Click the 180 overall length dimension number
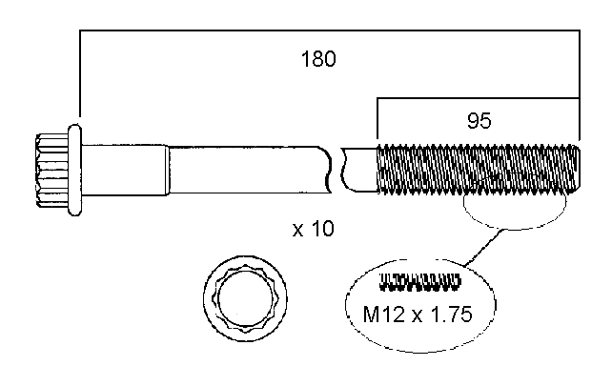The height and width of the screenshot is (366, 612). click(x=318, y=59)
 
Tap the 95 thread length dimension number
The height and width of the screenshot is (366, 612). click(x=479, y=120)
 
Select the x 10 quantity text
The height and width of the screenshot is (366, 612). click(x=314, y=229)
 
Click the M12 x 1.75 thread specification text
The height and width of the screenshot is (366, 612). click(x=418, y=315)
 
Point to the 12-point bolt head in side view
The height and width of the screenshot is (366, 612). click(x=51, y=170)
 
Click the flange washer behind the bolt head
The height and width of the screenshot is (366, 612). click(x=74, y=170)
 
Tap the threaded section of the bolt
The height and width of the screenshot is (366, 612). click(x=479, y=169)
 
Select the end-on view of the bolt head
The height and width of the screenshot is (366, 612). click(x=245, y=298)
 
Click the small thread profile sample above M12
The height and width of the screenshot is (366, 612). click(x=419, y=282)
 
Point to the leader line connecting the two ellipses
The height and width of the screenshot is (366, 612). click(x=483, y=248)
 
